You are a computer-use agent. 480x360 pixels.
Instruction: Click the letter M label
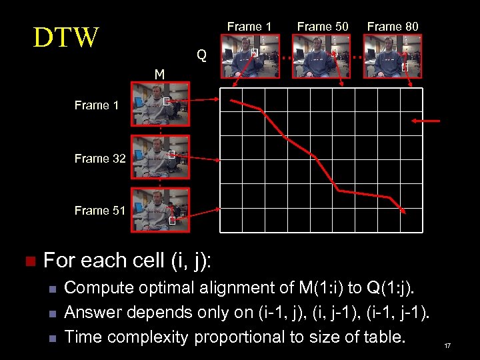point(159,74)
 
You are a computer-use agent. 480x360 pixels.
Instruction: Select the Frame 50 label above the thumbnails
point(323,27)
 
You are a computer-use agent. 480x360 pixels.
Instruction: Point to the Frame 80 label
point(393,27)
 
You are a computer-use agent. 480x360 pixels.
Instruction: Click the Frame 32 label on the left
point(100,159)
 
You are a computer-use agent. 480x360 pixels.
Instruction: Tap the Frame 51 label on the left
point(100,211)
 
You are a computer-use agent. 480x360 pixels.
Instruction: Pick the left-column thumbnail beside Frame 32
point(160,157)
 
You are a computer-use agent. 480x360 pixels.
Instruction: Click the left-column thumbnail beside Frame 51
point(160,209)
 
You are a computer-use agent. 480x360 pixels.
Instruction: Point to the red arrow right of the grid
point(427,121)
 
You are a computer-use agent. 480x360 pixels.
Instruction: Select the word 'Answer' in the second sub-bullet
point(94,312)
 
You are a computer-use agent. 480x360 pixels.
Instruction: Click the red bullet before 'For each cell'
point(28,261)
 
